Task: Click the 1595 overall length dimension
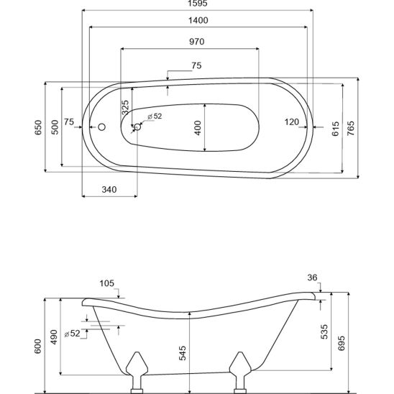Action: click(x=198, y=4)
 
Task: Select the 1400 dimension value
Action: click(x=198, y=20)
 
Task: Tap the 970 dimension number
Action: click(x=197, y=42)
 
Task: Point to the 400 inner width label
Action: click(x=198, y=128)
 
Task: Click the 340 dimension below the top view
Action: click(x=109, y=190)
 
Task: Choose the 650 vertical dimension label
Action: click(x=38, y=127)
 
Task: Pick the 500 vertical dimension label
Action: click(x=55, y=127)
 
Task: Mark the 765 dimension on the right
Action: click(x=351, y=128)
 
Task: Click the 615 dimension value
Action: click(x=336, y=129)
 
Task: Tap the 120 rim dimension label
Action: click(x=292, y=122)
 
